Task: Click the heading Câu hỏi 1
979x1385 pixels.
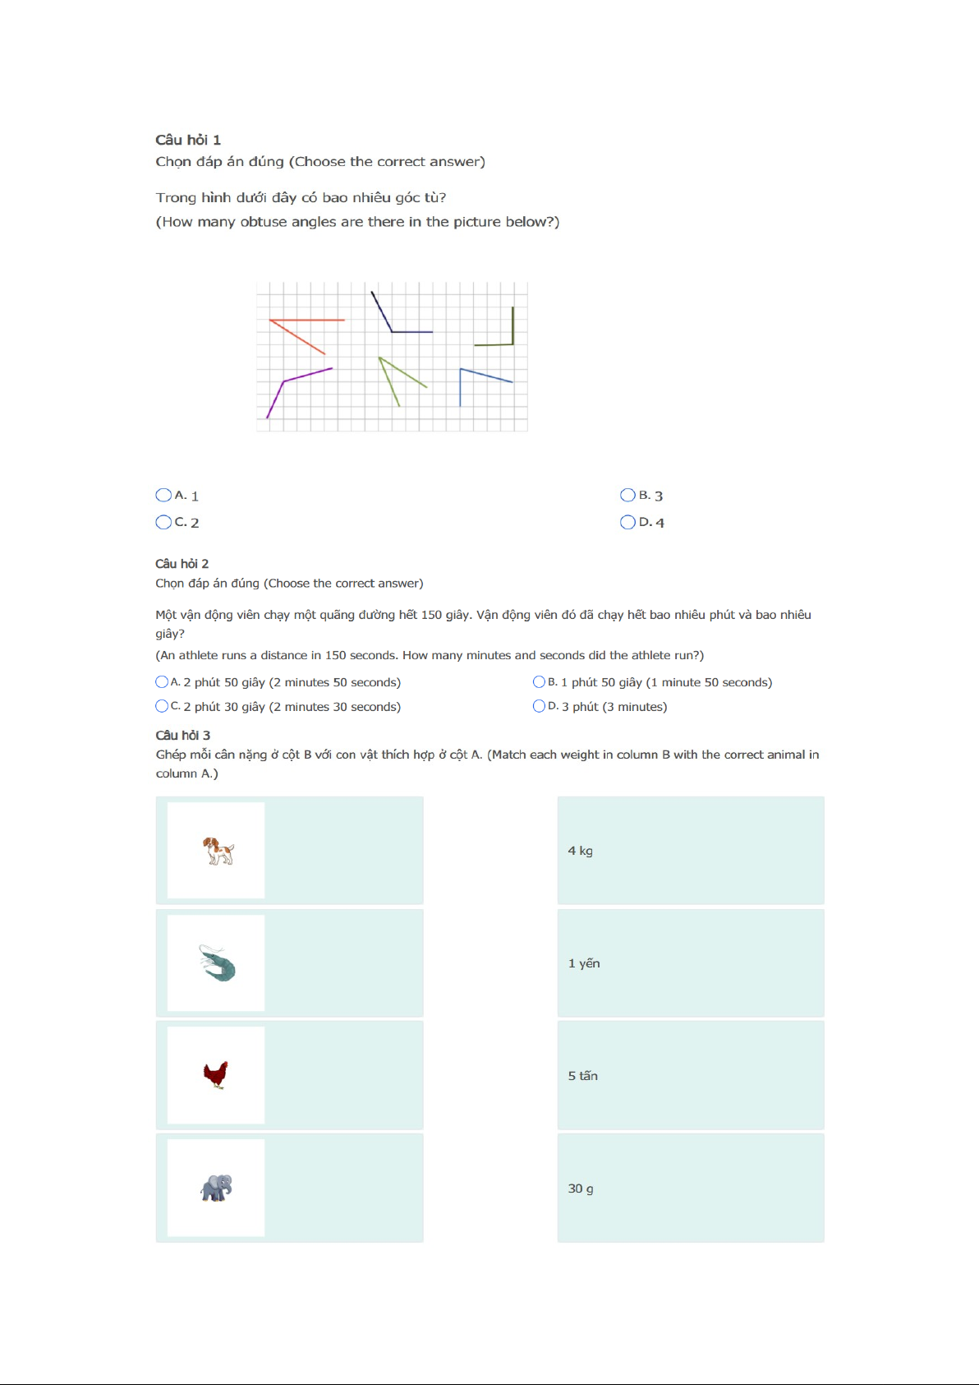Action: coord(188,140)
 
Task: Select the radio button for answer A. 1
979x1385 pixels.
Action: coord(163,495)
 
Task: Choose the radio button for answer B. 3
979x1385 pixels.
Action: coord(628,495)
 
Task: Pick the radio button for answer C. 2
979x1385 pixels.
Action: coord(163,522)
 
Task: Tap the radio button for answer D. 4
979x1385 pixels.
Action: coord(628,522)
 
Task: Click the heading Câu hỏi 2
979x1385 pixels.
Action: coord(182,564)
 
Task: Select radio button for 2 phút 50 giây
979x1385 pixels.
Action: coord(162,681)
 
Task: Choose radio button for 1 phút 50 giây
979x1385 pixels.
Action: coord(540,681)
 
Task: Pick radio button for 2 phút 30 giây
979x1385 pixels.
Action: coord(162,706)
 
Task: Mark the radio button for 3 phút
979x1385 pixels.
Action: coord(540,706)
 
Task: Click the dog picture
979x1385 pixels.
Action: coord(218,851)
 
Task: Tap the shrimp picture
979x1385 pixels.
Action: coord(217,963)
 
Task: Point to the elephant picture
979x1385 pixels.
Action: coord(217,1187)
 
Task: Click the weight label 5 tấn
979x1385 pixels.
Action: coord(583,1076)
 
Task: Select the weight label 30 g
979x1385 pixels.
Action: coord(581,1189)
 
